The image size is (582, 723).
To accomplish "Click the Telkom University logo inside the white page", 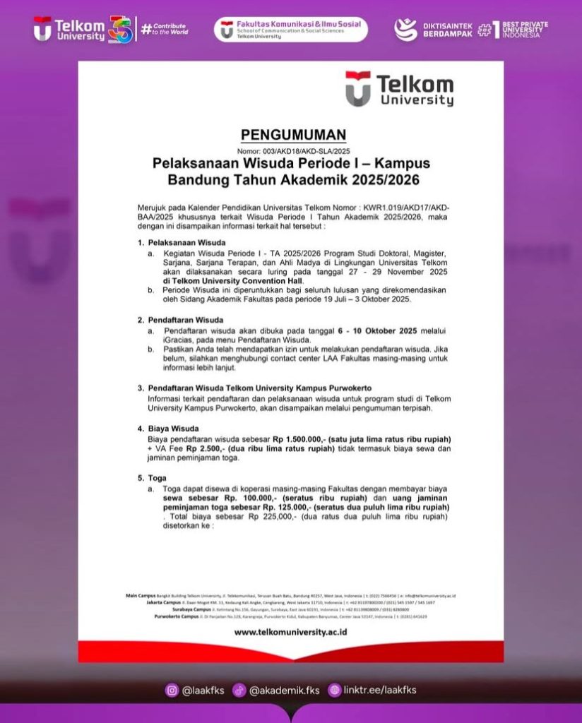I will tap(399, 89).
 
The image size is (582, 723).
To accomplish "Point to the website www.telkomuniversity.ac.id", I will tap(290, 632).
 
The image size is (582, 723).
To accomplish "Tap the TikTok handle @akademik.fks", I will tap(283, 691).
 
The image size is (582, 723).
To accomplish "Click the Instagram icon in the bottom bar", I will tap(172, 691).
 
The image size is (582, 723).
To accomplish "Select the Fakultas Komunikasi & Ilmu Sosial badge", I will tap(290, 30).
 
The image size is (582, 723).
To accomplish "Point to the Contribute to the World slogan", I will tap(165, 29).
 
